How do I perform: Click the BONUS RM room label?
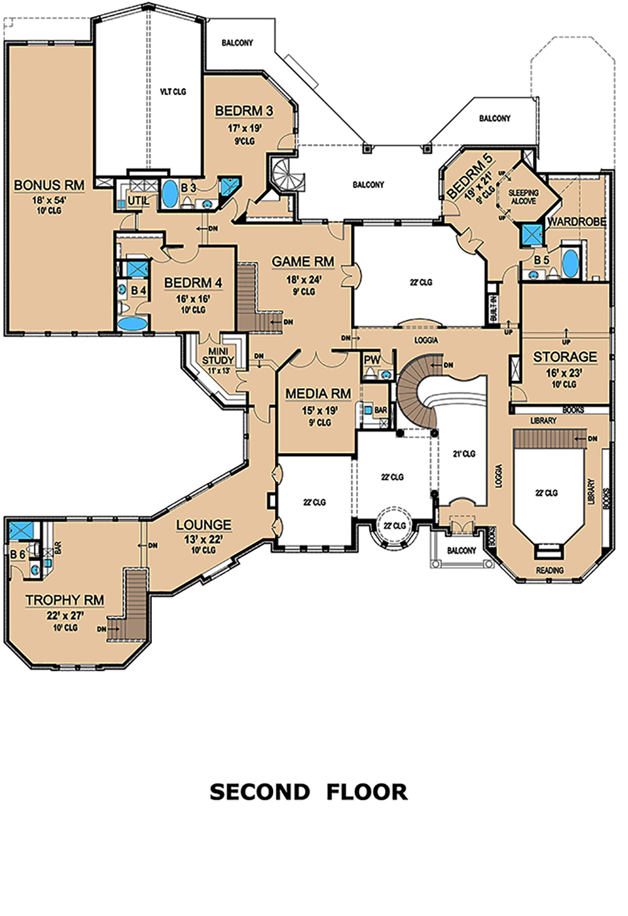click(49, 185)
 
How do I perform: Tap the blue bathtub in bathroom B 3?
click(169, 195)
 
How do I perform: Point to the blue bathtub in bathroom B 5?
click(570, 263)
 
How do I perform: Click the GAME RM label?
click(303, 261)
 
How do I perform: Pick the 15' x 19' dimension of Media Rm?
click(318, 410)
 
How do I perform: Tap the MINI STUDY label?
click(218, 356)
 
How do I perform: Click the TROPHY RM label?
click(65, 600)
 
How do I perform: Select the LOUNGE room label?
click(203, 525)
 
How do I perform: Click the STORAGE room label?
click(565, 357)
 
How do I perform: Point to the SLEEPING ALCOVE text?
click(523, 197)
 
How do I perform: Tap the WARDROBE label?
click(577, 222)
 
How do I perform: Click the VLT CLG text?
click(173, 92)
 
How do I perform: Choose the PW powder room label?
click(372, 360)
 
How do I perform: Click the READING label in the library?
click(550, 570)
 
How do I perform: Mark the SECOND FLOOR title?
click(309, 791)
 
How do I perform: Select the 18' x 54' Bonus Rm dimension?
click(49, 200)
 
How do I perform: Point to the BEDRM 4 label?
click(193, 283)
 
